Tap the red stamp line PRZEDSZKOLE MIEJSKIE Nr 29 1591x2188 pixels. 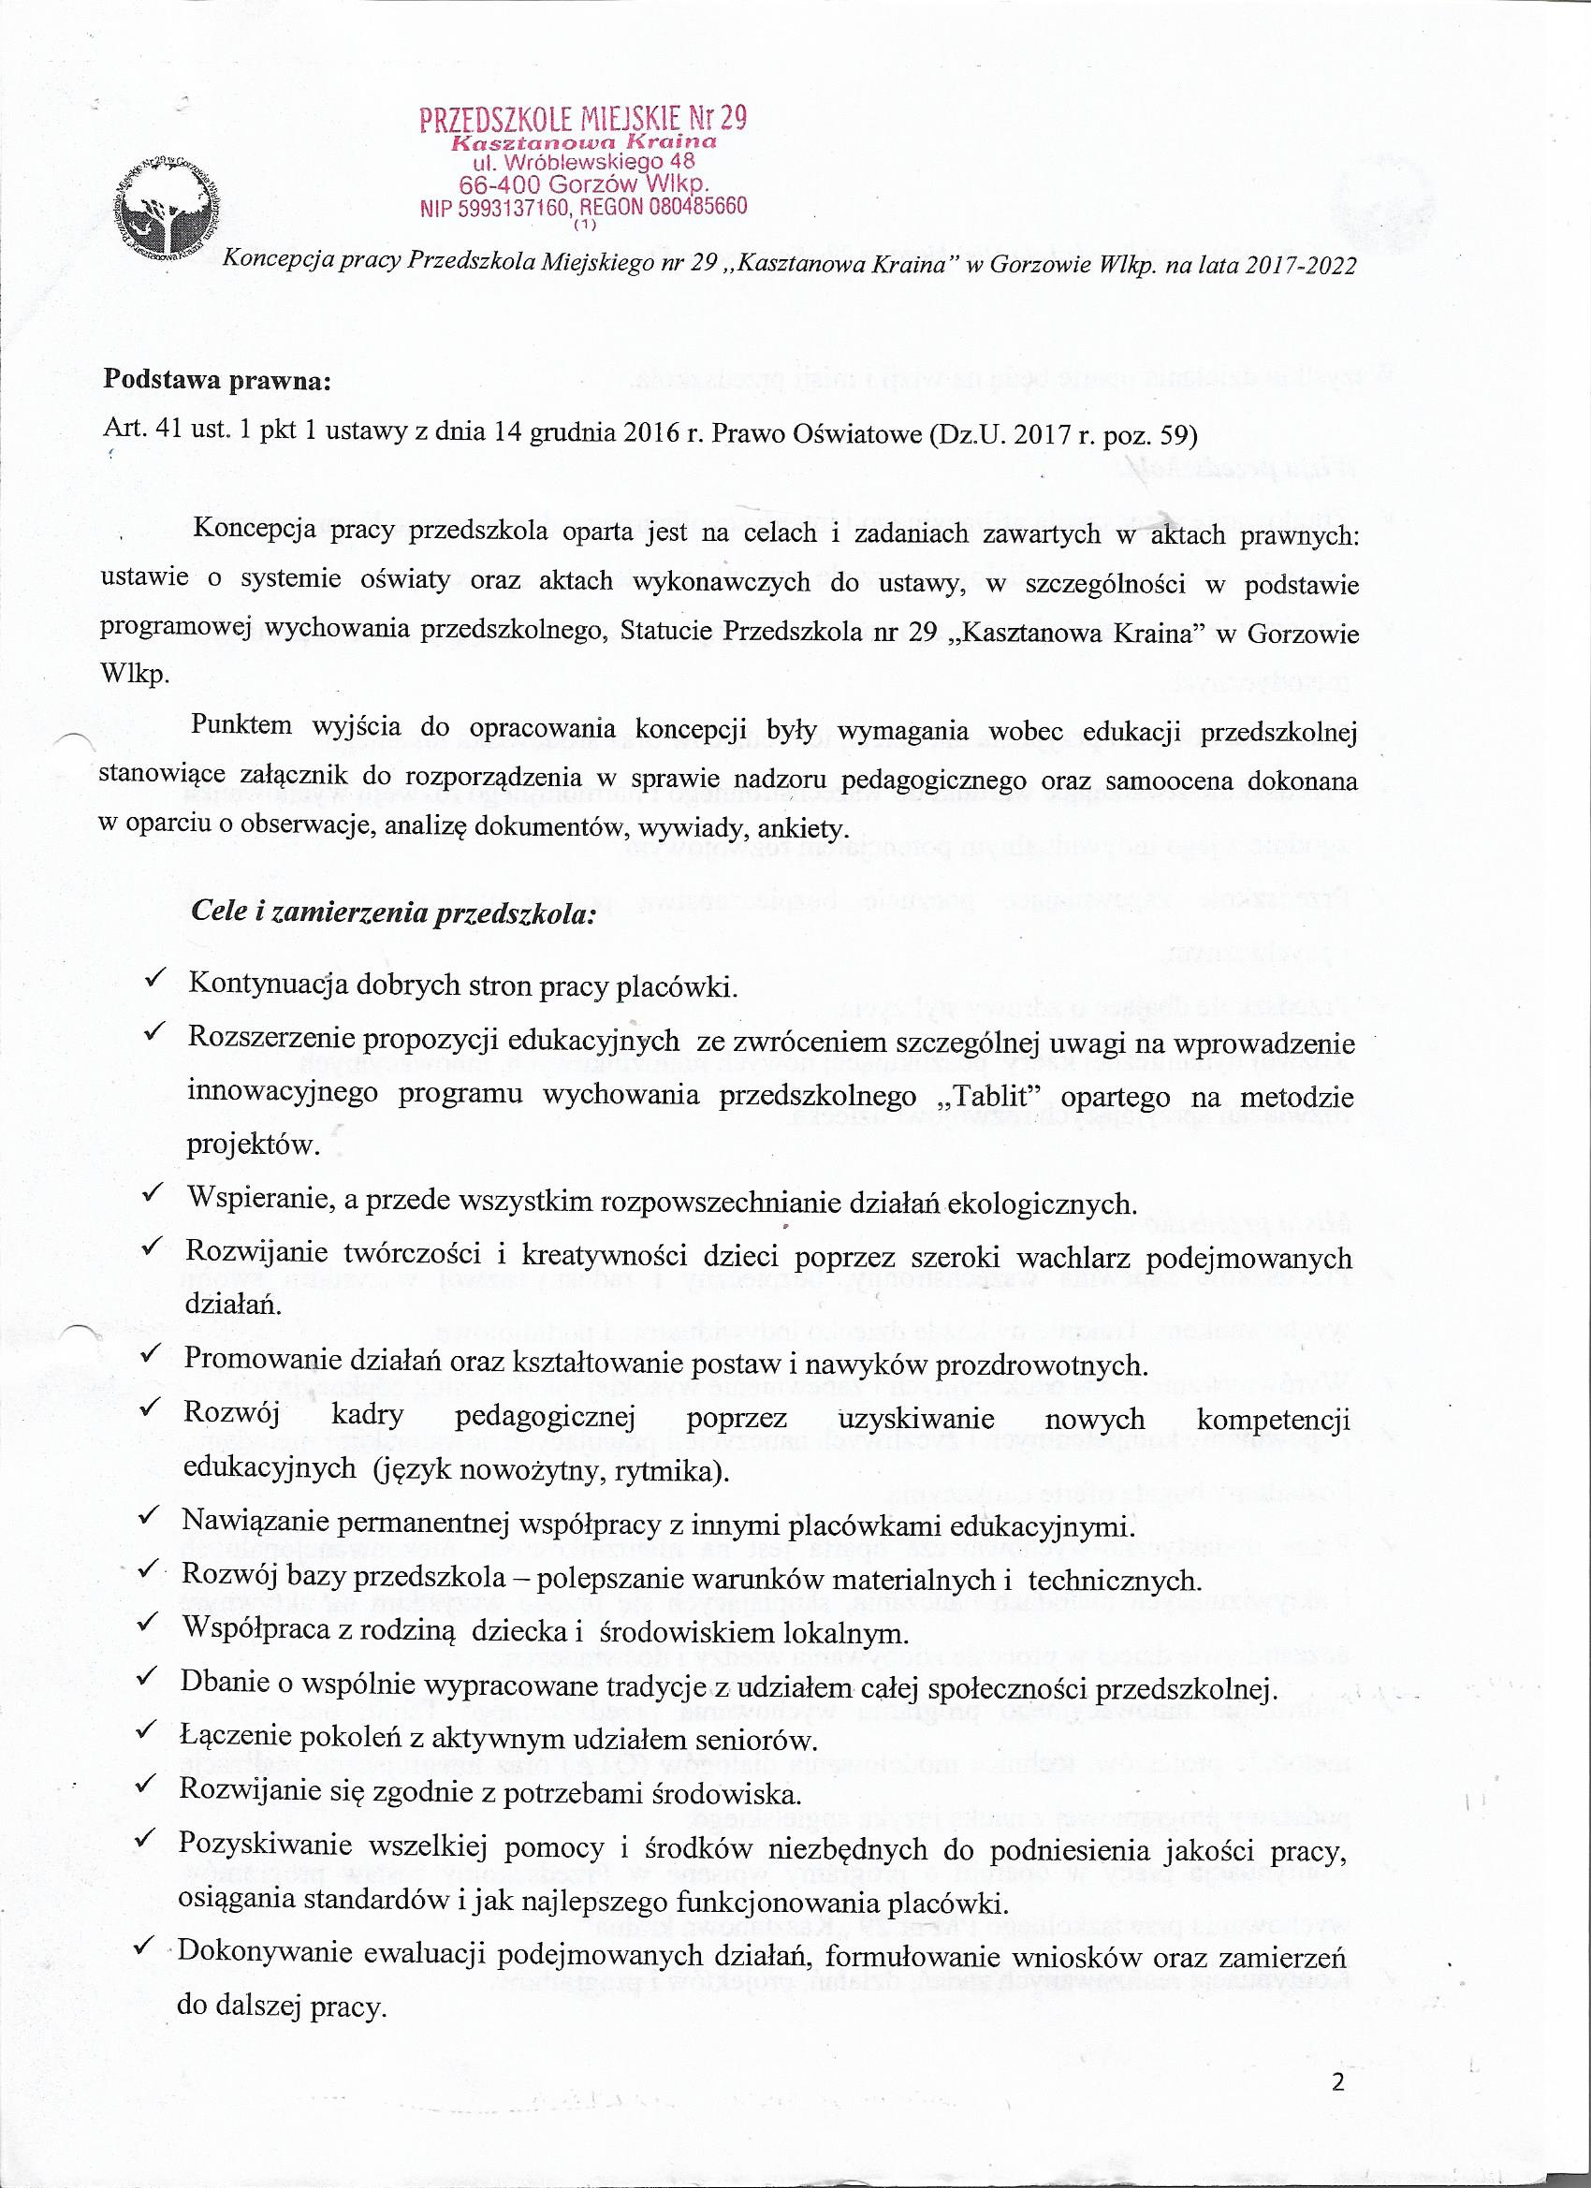click(583, 119)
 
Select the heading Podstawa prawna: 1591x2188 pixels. click(217, 380)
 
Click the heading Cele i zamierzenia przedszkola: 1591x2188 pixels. click(392, 912)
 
